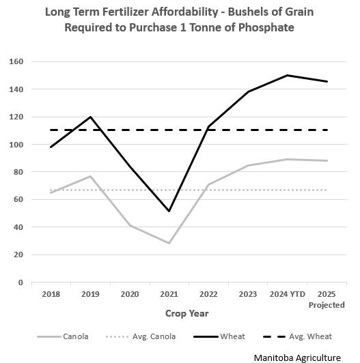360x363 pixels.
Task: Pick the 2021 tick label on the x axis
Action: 169,295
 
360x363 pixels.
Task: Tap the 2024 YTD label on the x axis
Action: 286,295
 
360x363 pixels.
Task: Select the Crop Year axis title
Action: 186,314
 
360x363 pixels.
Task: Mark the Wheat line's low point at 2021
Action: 169,211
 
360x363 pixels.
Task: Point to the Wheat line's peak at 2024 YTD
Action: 287,76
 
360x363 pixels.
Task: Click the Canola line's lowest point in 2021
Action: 169,243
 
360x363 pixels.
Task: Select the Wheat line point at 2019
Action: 91,117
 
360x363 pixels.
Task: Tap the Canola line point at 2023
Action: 247,166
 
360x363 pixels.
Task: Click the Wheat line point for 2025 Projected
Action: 327,82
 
